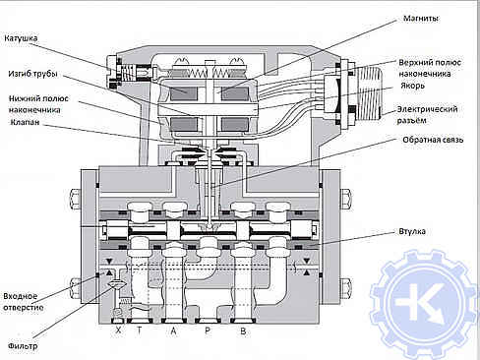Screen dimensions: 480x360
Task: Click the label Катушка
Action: pos(21,38)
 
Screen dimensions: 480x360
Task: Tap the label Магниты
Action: pos(421,19)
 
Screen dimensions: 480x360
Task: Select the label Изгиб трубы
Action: pos(32,74)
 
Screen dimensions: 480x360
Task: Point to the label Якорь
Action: pos(412,86)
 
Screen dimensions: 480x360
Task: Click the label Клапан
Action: pos(25,122)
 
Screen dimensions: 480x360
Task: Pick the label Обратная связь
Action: pos(433,140)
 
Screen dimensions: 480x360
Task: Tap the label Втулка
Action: pos(412,231)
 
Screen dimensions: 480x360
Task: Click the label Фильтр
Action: pos(23,346)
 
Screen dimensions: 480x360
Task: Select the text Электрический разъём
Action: pos(427,115)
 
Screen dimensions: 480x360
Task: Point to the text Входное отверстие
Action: pos(24,302)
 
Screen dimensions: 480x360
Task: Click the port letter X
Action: pos(118,330)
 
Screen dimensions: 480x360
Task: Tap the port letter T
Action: pos(140,330)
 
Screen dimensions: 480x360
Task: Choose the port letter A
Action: pos(173,330)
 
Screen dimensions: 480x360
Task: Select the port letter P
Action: pos(208,330)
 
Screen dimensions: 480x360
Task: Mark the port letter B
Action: pos(243,330)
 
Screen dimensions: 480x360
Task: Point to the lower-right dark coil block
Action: pos(234,125)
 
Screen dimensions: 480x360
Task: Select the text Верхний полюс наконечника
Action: pos(430,68)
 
